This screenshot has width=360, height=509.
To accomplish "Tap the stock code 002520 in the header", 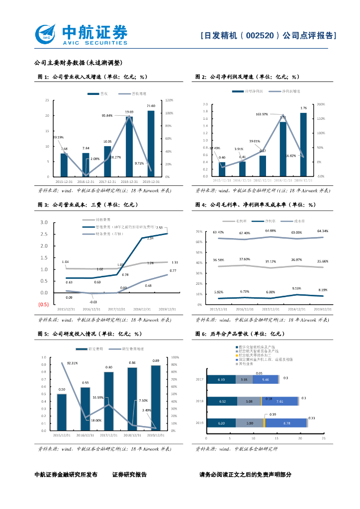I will click(x=260, y=36).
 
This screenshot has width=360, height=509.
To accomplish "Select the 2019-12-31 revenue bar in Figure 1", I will click(x=151, y=143).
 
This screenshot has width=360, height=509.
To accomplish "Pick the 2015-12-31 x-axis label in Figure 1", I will click(x=64, y=181).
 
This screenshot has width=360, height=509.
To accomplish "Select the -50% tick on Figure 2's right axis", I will click(x=321, y=176).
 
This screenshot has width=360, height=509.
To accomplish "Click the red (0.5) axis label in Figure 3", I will click(x=44, y=304).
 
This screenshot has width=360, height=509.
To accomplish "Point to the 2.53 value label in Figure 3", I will click(x=159, y=228).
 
